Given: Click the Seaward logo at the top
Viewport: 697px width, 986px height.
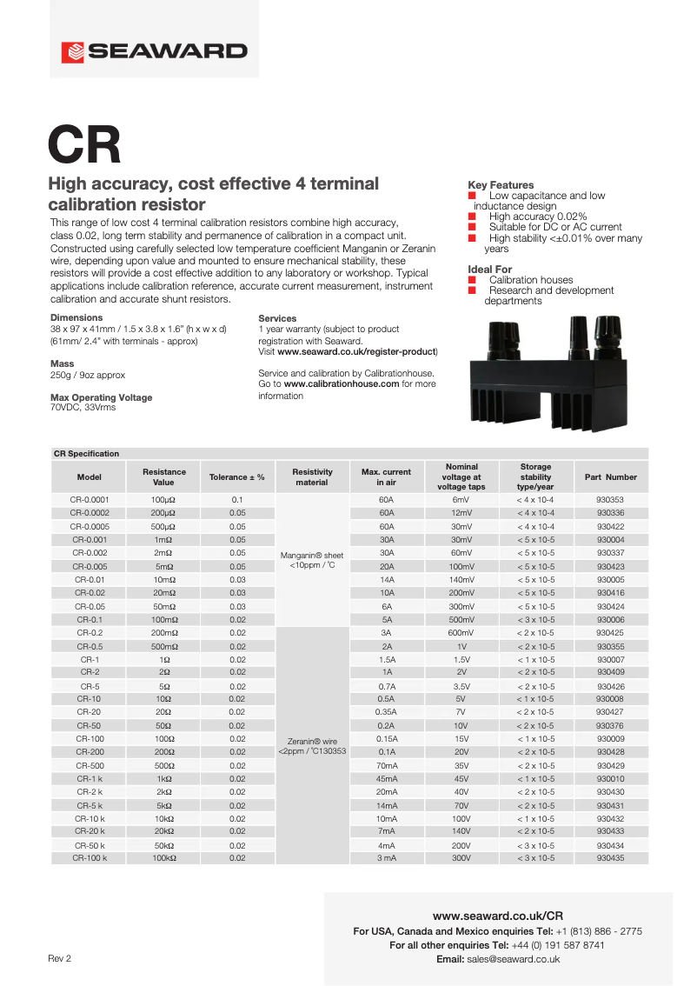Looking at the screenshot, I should click(154, 51).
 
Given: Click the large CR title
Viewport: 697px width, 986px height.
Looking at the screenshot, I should click(84, 145).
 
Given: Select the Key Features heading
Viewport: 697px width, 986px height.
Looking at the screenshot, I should click(501, 185).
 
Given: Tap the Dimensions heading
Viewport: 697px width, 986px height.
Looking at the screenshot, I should click(76, 318).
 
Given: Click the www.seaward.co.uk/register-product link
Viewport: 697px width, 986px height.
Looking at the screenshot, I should click(356, 351).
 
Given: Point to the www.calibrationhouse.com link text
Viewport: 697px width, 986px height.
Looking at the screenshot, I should click(341, 383).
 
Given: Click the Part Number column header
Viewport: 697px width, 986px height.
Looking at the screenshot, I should click(610, 476).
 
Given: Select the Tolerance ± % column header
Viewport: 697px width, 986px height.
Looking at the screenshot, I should click(236, 476).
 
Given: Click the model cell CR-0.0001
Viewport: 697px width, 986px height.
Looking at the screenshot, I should click(90, 500).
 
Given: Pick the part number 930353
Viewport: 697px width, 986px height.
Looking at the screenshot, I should click(610, 500).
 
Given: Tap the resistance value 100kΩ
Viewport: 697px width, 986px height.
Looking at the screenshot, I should click(164, 858).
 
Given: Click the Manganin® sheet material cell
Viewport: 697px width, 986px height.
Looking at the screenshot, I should click(312, 559).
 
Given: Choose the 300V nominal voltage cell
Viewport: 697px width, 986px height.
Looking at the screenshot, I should click(461, 858).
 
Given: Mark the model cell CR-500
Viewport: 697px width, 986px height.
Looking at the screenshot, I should click(90, 765).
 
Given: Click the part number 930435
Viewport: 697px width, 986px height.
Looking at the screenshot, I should click(610, 858).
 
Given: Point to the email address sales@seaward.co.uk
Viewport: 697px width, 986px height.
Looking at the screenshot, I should click(513, 959).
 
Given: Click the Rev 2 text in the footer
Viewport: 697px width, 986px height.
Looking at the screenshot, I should click(60, 958).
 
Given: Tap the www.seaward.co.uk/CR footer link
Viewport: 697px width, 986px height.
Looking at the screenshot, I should click(498, 916).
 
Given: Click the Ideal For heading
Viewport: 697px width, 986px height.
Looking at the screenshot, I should click(489, 270).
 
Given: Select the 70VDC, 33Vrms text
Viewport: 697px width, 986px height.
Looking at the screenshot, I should click(83, 406).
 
